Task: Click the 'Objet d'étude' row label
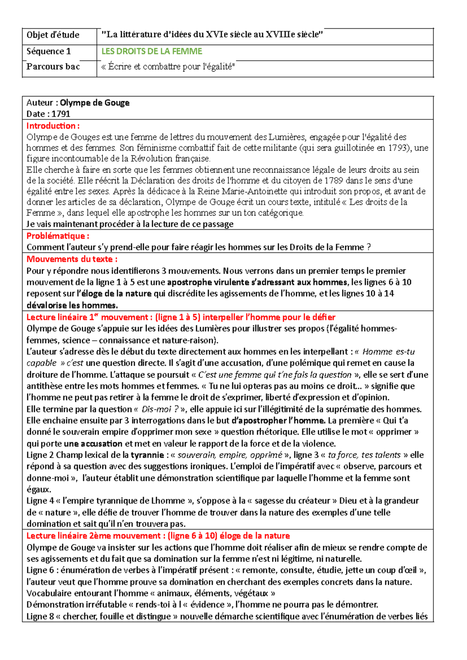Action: tap(53, 35)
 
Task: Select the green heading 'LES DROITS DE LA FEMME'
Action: tap(152, 51)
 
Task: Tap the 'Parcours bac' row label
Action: tap(53, 67)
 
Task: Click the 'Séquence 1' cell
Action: tap(49, 51)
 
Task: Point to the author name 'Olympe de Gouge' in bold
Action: tap(95, 103)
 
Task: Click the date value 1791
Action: tap(61, 114)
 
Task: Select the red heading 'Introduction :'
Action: tap(53, 126)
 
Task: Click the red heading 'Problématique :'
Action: tap(58, 236)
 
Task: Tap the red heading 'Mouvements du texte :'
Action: tap(72, 259)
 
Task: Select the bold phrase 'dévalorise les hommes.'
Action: tap(72, 305)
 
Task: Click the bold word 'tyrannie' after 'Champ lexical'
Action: tap(147, 455)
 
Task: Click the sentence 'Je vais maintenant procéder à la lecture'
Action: tap(130, 224)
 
